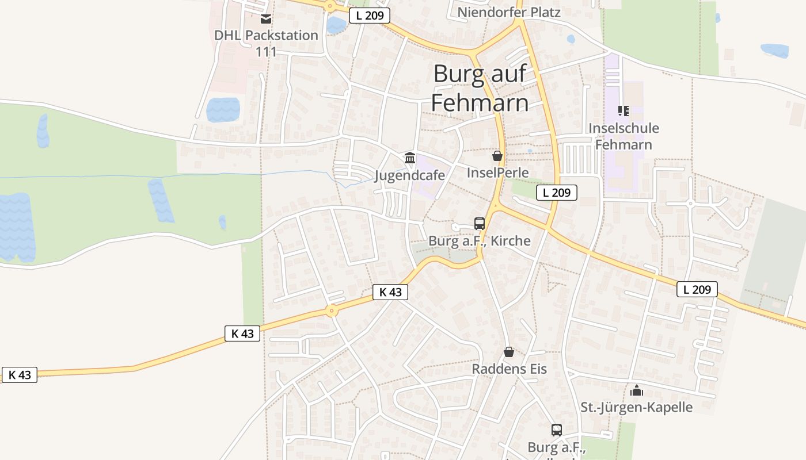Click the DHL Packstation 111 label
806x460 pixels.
point(266,43)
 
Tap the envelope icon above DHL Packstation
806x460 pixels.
point(266,19)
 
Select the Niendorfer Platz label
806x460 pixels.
point(508,12)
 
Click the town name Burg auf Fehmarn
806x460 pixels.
point(480,88)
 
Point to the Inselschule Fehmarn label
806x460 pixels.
point(623,136)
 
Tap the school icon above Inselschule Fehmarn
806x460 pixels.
point(623,110)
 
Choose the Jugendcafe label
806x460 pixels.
point(409,175)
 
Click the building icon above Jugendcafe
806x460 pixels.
point(410,157)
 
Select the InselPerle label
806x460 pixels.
point(497,172)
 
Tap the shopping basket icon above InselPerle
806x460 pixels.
point(497,156)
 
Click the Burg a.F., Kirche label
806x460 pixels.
point(480,241)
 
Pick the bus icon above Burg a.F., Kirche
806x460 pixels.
point(480,224)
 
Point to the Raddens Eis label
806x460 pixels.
point(509,369)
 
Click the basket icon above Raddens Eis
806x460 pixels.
point(509,352)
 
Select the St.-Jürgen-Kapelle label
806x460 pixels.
point(636,408)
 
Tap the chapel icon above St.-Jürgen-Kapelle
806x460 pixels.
point(636,390)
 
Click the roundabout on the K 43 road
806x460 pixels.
point(331,311)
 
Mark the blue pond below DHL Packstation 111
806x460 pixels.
point(223,109)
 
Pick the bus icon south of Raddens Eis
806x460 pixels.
point(556,430)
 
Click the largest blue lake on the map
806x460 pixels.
point(17,227)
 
